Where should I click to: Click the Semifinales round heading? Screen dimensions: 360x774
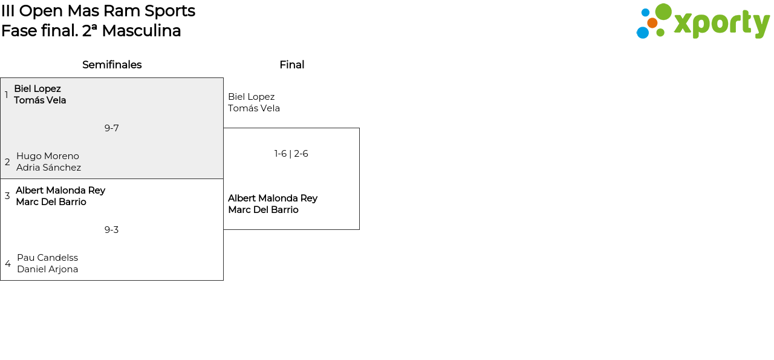pyautogui.click(x=112, y=65)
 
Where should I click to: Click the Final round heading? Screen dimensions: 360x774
pyautogui.click(x=291, y=65)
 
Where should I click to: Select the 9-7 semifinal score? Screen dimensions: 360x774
pyautogui.click(x=111, y=128)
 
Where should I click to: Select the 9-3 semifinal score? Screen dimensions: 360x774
pyautogui.click(x=111, y=230)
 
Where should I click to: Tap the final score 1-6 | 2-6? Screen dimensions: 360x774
pyautogui.click(x=291, y=154)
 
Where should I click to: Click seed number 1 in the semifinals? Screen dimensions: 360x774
pyautogui.click(x=7, y=95)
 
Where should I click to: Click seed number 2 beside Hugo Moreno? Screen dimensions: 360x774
pyautogui.click(x=7, y=162)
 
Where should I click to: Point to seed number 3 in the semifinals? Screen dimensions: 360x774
pyautogui.click(x=7, y=196)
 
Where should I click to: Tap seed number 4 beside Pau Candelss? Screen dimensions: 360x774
pyautogui.click(x=8, y=264)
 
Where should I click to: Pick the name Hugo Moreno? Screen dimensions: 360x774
pyautogui.click(x=48, y=156)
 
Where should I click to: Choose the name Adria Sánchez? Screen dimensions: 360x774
pyautogui.click(x=48, y=168)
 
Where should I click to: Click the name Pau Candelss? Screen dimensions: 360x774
pyautogui.click(x=47, y=258)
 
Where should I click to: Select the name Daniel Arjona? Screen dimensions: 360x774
pyautogui.click(x=47, y=269)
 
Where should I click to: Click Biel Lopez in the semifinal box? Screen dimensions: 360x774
pyautogui.click(x=37, y=89)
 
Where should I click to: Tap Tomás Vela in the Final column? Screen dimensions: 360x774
pyautogui.click(x=254, y=108)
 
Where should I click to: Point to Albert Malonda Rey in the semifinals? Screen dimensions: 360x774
pyautogui.click(x=60, y=191)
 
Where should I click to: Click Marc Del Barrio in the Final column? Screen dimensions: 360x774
pyautogui.click(x=263, y=210)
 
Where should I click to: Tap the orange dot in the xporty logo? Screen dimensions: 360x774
pyautogui.click(x=652, y=23)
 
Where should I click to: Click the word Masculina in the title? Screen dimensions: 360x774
pyautogui.click(x=141, y=31)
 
